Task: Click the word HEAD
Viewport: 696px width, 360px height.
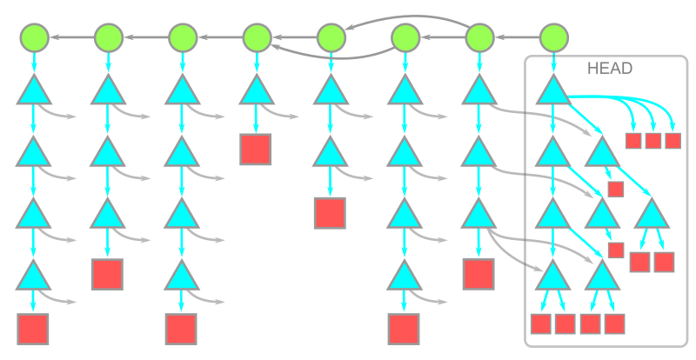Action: point(610,68)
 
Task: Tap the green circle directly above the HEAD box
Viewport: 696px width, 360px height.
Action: point(553,37)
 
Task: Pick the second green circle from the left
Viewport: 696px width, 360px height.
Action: point(108,37)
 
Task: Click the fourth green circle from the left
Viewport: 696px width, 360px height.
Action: point(257,37)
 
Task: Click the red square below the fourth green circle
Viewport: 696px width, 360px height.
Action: point(256,149)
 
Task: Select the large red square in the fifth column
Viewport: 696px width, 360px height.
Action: point(330,212)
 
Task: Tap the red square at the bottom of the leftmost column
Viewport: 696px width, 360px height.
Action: point(33,330)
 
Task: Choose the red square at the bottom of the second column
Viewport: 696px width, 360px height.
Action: point(107,274)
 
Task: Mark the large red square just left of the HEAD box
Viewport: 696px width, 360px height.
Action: point(478,274)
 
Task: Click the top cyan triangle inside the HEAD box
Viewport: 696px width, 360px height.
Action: point(552,90)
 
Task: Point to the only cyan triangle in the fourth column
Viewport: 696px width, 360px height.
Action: point(256,90)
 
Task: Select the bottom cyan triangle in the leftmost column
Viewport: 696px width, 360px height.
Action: point(33,276)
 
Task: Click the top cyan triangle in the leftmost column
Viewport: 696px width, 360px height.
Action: point(33,90)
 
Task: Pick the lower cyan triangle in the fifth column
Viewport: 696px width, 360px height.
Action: point(330,153)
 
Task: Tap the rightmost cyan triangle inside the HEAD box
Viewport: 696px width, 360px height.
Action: point(652,214)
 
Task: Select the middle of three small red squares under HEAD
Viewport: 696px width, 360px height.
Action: point(653,140)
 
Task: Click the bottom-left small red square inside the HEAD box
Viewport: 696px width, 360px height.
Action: point(541,323)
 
